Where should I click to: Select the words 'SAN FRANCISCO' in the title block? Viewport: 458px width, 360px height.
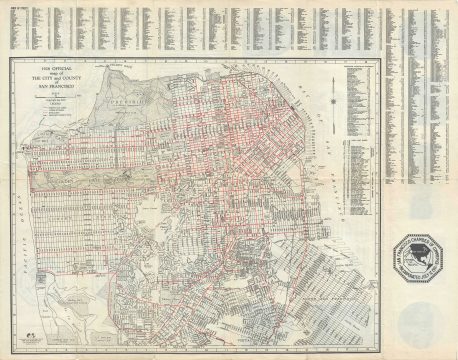[x=59, y=88]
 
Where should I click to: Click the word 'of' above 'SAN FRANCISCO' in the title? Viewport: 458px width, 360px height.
[x=59, y=83]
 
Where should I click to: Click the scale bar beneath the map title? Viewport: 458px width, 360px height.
[x=59, y=101]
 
